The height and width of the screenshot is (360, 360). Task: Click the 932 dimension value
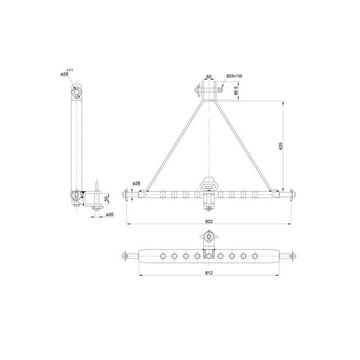pos(208,221)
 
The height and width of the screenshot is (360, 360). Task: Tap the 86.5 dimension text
pos(236,91)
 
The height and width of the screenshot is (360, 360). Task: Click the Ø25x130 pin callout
pos(234,76)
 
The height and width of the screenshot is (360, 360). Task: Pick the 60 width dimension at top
pos(209,77)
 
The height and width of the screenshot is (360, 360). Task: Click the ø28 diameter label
pos(137,184)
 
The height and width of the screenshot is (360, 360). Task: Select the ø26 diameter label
pos(65,75)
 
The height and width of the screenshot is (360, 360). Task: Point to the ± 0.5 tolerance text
pos(70,69)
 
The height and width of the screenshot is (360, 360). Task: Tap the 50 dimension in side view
pos(106,199)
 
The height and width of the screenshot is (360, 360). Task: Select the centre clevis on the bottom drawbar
pos(209,254)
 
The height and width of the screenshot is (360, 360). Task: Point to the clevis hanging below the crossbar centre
pos(209,201)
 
